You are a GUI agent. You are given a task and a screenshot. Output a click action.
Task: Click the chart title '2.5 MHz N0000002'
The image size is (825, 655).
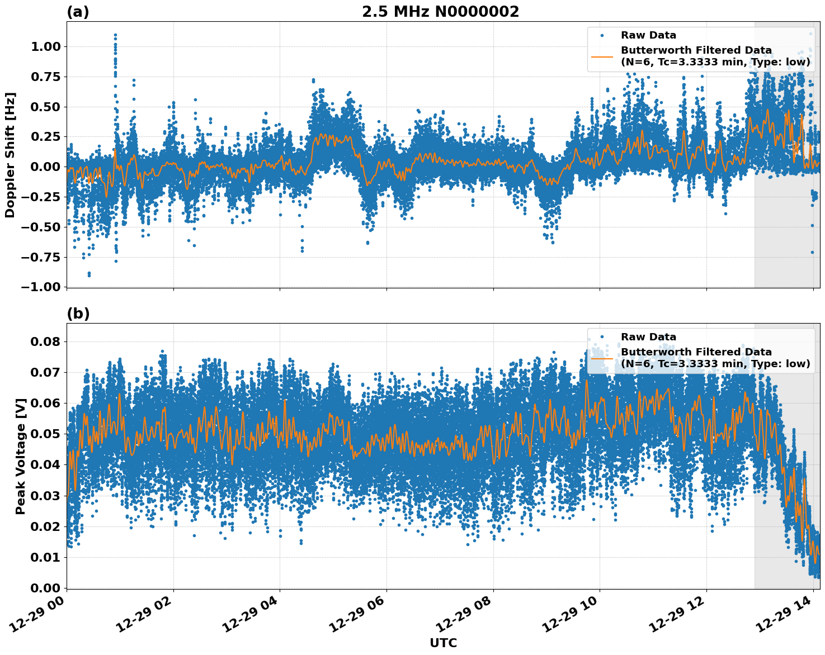[440, 12]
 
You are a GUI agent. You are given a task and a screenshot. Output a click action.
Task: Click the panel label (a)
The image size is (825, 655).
[78, 12]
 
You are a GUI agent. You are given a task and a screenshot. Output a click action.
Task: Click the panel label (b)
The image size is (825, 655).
[78, 314]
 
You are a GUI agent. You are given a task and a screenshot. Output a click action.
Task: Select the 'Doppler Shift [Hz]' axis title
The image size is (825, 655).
[10, 155]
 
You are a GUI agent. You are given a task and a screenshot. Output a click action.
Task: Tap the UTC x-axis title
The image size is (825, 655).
[443, 643]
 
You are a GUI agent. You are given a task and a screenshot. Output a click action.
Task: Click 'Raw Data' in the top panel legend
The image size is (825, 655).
[648, 35]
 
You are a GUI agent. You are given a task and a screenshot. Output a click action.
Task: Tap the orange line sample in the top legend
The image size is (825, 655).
[602, 56]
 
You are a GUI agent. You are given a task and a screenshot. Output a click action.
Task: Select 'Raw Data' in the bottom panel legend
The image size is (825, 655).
[648, 337]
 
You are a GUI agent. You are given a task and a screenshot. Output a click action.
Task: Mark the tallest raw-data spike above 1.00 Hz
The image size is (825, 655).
[115, 35]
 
